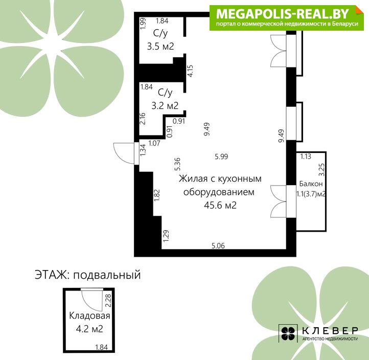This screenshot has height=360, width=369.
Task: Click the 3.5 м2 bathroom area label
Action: click(x=160, y=46)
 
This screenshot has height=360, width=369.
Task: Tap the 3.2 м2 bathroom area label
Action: click(x=165, y=106)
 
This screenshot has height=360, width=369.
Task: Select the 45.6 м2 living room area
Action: click(x=220, y=205)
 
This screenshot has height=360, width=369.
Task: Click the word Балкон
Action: click(x=311, y=184)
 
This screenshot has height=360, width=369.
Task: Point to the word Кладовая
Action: click(x=89, y=316)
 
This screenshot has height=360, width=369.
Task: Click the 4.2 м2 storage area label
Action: click(x=89, y=329)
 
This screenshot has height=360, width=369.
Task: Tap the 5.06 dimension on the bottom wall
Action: click(x=218, y=246)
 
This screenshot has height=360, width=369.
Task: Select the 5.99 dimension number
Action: click(x=221, y=156)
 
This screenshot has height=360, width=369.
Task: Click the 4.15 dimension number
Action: click(x=190, y=71)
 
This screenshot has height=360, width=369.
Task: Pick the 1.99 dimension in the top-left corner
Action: click(x=143, y=24)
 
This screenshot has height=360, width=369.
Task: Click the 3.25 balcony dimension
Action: click(x=321, y=170)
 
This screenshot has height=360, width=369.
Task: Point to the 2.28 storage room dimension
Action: click(x=108, y=301)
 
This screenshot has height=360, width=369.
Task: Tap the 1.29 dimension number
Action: click(x=166, y=235)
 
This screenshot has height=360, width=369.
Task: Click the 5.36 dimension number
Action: click(x=177, y=164)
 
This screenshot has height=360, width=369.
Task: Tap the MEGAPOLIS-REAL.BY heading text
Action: click(x=283, y=14)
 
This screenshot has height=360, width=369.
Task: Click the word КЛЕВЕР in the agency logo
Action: click(x=330, y=330)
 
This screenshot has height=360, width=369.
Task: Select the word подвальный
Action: click(x=107, y=275)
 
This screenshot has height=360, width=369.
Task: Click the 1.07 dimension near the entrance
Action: click(x=154, y=143)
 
